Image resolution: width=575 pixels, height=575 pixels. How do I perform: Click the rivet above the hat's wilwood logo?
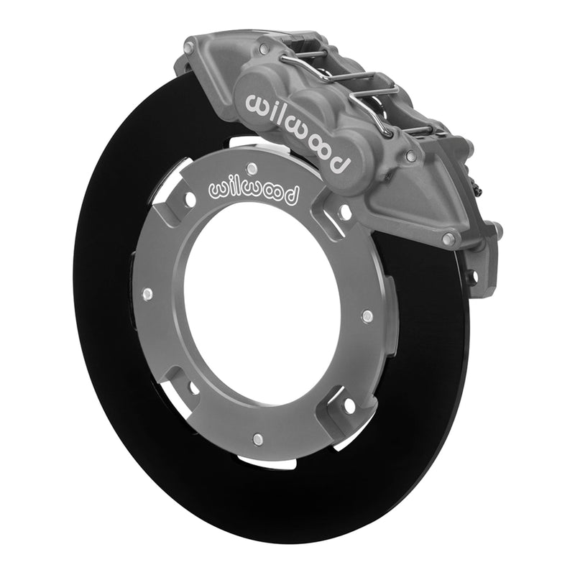(x=251, y=168)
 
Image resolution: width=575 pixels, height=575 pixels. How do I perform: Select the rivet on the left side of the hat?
(x=147, y=293)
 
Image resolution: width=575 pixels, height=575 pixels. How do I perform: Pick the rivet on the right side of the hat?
(x=367, y=316)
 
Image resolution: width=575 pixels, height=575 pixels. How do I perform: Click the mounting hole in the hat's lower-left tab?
(x=193, y=389)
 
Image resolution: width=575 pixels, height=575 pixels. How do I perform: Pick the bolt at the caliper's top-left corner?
(x=189, y=48)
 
